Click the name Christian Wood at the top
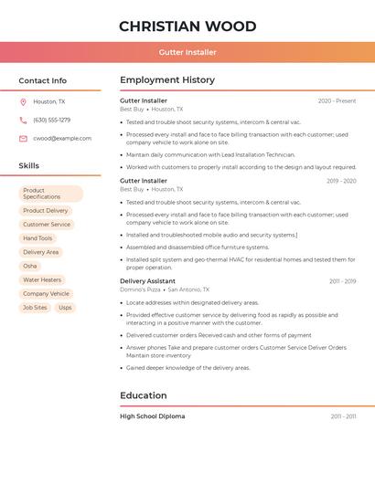187,26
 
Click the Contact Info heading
42,80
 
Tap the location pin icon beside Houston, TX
23,101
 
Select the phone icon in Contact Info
23,120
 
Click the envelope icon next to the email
23,138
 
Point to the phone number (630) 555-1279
51,120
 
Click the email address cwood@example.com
62,138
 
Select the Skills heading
29,165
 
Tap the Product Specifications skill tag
50,194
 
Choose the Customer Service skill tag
47,224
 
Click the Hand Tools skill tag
37,238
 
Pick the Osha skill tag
30,266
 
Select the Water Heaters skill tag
42,279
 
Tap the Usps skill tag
65,308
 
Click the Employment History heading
167,80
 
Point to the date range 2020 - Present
337,101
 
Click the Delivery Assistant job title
147,281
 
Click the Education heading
144,395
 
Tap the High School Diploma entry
152,416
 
